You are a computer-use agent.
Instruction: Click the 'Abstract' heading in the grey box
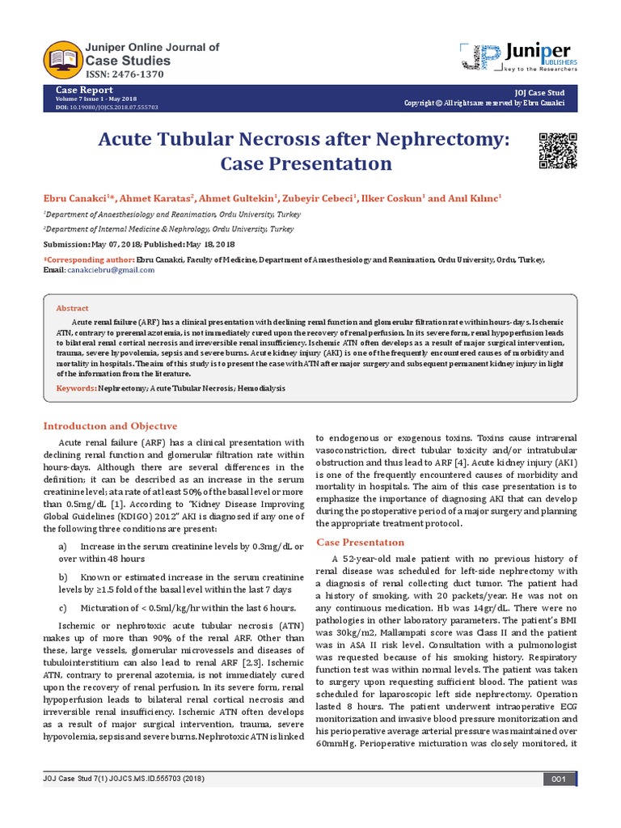coord(72,309)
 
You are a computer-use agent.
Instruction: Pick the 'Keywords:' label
coord(76,388)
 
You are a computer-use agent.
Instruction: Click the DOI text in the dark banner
coord(107,107)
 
